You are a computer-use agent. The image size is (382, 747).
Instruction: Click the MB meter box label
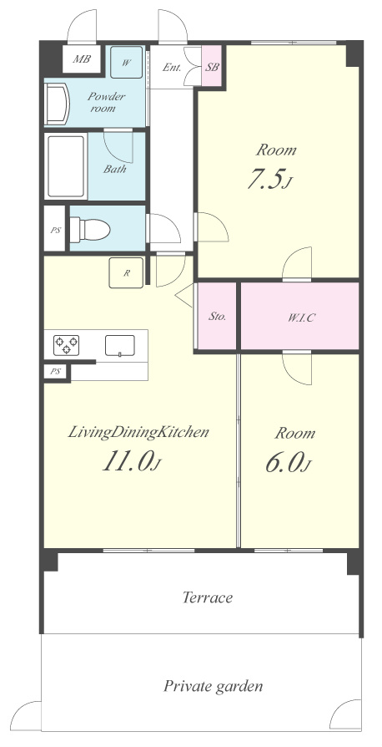tap(81, 60)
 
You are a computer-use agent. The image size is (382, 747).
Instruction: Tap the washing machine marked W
tap(126, 62)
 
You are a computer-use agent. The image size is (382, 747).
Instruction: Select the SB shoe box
tap(212, 66)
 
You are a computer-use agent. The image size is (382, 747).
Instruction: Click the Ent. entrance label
tap(172, 67)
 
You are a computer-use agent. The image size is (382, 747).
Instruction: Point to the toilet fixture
tap(90, 230)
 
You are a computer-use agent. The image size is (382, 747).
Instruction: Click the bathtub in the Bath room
tap(66, 166)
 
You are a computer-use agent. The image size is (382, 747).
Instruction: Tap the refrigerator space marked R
tap(126, 272)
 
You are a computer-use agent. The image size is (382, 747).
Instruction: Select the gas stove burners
tap(66, 345)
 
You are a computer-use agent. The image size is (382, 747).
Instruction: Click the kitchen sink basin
tap(120, 345)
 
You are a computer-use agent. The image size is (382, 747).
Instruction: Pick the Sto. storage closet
tap(217, 316)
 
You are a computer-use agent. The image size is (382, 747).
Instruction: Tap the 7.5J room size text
tap(269, 179)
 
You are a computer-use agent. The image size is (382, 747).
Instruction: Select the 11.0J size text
tap(130, 461)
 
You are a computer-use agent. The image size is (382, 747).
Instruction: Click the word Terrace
tap(208, 597)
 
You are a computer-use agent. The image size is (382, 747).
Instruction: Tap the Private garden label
tap(214, 687)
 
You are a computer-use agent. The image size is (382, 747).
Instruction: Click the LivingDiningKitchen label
tap(138, 433)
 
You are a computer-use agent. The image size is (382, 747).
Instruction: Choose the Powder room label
tap(106, 103)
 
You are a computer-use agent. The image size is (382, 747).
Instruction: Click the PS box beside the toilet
tap(55, 229)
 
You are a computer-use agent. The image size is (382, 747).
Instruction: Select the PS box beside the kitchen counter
tap(56, 372)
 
